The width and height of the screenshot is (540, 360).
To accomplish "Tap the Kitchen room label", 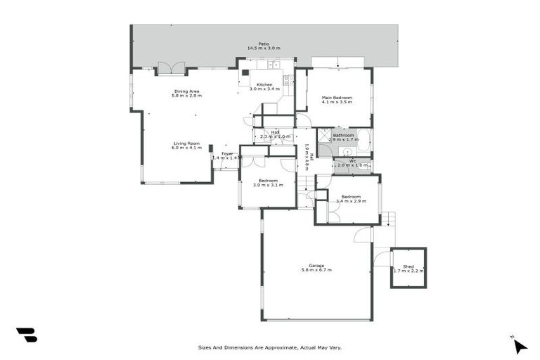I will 264,85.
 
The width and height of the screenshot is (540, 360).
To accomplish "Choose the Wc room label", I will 352,160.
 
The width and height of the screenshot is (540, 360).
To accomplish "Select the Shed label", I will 409,266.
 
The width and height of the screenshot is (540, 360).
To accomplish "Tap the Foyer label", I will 227,153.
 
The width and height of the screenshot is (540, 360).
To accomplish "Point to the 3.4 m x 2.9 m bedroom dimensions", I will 351,201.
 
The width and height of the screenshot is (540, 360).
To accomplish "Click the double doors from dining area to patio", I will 172,68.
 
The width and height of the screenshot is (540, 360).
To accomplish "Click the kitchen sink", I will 276,65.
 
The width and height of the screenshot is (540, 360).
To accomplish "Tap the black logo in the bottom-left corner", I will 26,335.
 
